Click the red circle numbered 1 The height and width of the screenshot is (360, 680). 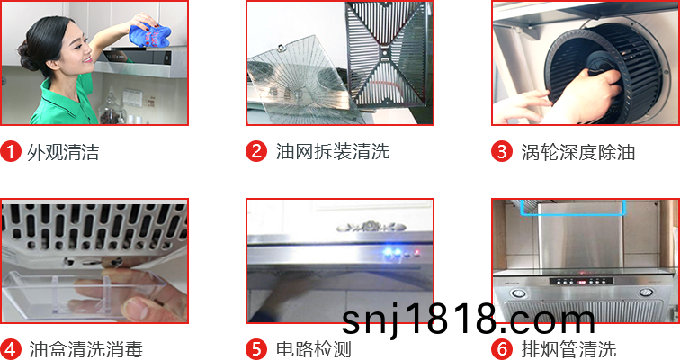(11, 152)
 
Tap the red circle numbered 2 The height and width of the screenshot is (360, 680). (256, 151)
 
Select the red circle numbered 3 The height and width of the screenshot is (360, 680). (502, 152)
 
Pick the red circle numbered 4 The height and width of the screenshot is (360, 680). (11, 349)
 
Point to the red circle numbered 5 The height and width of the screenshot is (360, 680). (256, 349)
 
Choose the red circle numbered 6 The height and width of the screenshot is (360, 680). (502, 349)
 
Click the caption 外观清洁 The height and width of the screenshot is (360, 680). (63, 152)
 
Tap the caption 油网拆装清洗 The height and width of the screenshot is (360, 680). (333, 151)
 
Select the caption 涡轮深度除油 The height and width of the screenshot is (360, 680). (578, 152)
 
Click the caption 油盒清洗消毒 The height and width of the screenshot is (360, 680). (85, 349)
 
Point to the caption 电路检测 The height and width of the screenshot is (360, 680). (314, 349)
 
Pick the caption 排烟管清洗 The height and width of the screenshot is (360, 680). (568, 349)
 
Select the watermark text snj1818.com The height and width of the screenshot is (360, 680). (469, 319)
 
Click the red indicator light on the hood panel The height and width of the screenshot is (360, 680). (416, 252)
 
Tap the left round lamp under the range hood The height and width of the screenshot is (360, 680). (517, 293)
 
